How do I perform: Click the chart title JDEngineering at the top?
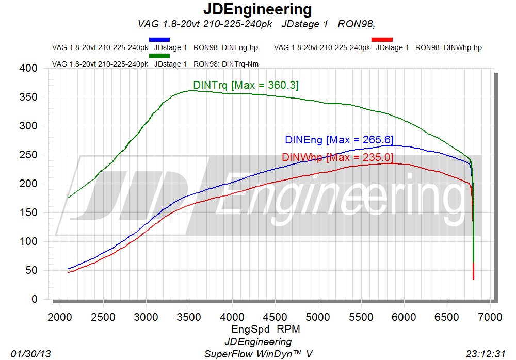click(257, 9)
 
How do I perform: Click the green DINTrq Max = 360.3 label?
click(246, 85)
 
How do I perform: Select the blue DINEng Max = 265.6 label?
click(339, 140)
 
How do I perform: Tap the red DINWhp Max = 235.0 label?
click(338, 157)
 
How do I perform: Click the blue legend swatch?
click(159, 40)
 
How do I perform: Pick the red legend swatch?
click(382, 40)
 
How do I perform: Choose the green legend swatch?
click(159, 56)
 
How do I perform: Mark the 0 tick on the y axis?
click(34, 299)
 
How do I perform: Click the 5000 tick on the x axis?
click(318, 316)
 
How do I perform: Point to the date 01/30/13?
click(30, 354)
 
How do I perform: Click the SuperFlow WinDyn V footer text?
click(258, 354)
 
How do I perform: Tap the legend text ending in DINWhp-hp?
click(378, 48)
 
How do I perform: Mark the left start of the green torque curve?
click(68, 198)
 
